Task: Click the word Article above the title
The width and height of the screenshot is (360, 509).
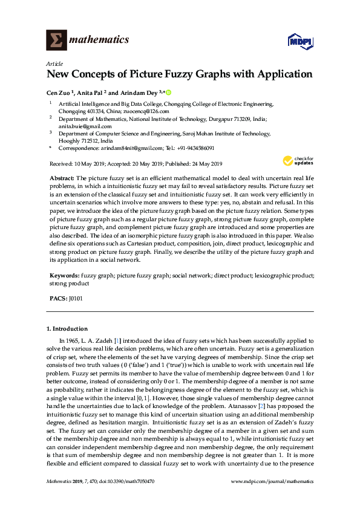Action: [x=53, y=63]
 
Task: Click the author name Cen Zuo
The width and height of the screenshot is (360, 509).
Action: [x=59, y=92]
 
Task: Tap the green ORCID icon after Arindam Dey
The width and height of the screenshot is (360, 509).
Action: [x=168, y=92]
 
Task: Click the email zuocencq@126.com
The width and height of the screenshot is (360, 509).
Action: [x=137, y=111]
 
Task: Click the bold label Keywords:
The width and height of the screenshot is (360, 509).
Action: [x=64, y=275]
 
